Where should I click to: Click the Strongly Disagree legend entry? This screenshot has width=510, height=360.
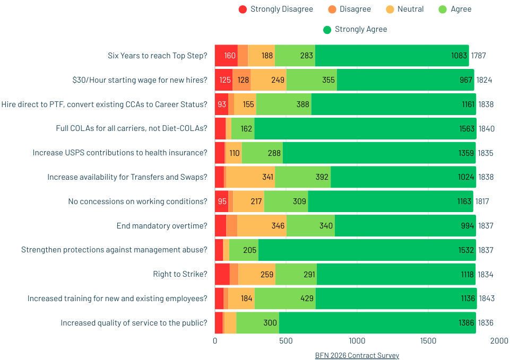click(276, 9)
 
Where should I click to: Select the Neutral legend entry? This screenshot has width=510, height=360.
click(404, 9)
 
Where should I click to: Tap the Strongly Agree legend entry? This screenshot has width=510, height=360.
click(355, 29)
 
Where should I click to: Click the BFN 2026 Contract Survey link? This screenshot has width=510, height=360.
click(357, 355)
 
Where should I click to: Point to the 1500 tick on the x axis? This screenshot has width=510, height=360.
click(428, 341)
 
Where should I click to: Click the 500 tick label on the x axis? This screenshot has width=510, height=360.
click(286, 341)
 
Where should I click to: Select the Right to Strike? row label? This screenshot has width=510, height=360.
click(180, 274)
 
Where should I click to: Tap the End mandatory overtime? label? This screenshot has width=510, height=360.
click(162, 226)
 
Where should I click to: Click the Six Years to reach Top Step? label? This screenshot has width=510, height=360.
click(157, 56)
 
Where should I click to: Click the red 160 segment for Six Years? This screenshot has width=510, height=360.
click(226, 56)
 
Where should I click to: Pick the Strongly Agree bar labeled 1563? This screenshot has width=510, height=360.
click(365, 128)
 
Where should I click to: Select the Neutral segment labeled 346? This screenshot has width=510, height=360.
click(262, 226)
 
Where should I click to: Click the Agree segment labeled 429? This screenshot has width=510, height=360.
click(285, 298)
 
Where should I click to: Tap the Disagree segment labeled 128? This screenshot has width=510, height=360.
click(241, 80)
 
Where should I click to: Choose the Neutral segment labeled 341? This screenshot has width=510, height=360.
click(250, 177)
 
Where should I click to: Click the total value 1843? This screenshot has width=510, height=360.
click(487, 298)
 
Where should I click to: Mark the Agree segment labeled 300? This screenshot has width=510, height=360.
click(257, 323)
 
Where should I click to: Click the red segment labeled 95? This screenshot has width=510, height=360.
click(221, 201)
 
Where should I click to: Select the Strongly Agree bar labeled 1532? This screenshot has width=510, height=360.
click(367, 250)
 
